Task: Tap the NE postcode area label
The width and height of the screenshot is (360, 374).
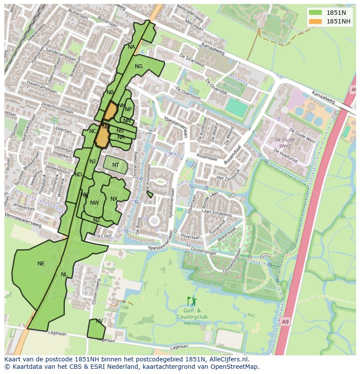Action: click(x=41, y=264)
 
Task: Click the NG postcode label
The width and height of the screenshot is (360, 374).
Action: click(x=139, y=66)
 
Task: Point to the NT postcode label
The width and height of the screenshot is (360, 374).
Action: click(x=116, y=165)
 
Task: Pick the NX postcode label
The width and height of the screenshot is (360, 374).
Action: click(x=114, y=199)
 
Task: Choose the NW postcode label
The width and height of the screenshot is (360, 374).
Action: click(x=94, y=203)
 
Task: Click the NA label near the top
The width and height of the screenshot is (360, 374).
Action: click(x=131, y=47)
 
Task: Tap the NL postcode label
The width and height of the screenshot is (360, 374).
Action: click(x=64, y=275)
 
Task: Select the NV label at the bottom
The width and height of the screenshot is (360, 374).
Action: click(x=99, y=321)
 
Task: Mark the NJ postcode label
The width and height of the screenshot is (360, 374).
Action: click(x=93, y=162)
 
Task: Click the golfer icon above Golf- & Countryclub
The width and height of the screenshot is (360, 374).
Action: click(x=192, y=301)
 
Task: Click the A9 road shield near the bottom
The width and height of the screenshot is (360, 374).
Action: click(x=284, y=322)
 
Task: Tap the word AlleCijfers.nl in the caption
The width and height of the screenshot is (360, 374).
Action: click(x=227, y=360)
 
